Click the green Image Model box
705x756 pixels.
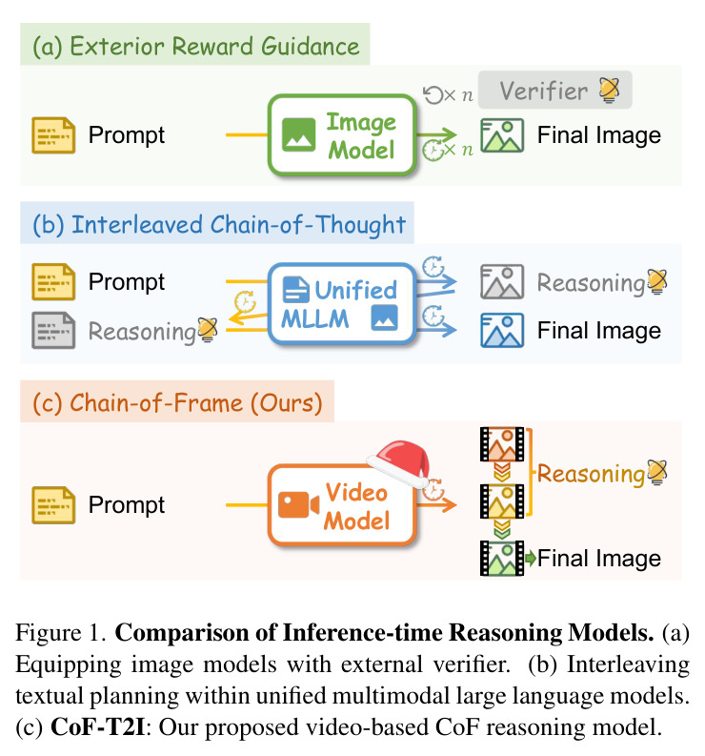pyautogui.click(x=342, y=135)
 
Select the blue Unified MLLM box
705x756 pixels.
pyautogui.click(x=342, y=304)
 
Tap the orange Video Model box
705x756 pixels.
pyautogui.click(x=342, y=505)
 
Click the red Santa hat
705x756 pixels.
pyautogui.click(x=400, y=463)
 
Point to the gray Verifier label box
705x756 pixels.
pyautogui.click(x=555, y=91)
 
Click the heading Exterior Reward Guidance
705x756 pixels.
pyautogui.click(x=195, y=46)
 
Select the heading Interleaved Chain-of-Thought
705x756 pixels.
pyautogui.click(x=219, y=225)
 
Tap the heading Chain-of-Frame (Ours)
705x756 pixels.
pyautogui.click(x=177, y=402)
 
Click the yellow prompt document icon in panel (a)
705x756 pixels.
pyautogui.click(x=53, y=135)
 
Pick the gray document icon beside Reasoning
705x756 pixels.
pyautogui.click(x=53, y=330)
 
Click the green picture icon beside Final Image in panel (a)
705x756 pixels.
pyautogui.click(x=502, y=135)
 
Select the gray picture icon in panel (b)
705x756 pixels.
pyautogui.click(x=502, y=281)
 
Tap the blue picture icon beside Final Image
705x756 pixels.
pyautogui.click(x=502, y=330)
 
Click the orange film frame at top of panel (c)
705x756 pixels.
pyautogui.click(x=502, y=444)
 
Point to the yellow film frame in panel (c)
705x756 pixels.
pyautogui.click(x=502, y=501)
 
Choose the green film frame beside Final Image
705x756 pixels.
pyautogui.click(x=502, y=559)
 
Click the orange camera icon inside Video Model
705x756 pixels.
pyautogui.click(x=298, y=505)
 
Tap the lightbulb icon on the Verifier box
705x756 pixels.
pyautogui.click(x=609, y=91)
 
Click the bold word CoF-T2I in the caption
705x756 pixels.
pyautogui.click(x=98, y=727)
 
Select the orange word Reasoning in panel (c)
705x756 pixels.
pyautogui.click(x=591, y=474)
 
